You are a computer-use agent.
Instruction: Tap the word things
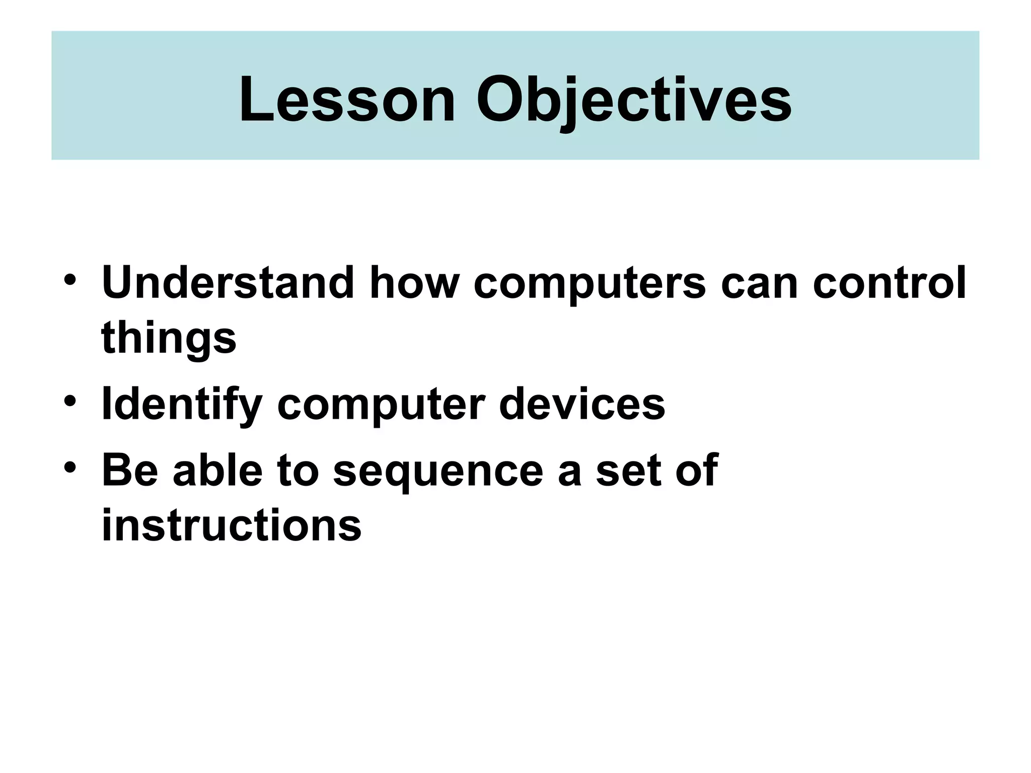[x=169, y=338]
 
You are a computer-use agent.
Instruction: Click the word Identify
[x=182, y=405]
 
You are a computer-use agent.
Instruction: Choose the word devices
[x=581, y=405]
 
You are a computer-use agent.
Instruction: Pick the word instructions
[x=232, y=525]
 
